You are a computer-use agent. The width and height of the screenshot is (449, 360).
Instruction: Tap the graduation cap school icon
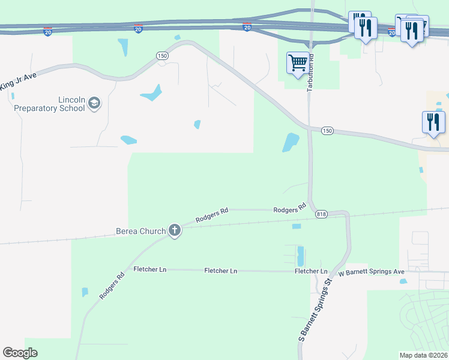[x=94, y=104]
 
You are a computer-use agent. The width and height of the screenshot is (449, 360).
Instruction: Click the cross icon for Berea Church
[x=175, y=230]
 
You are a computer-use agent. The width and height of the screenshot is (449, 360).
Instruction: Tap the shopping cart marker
[x=298, y=63]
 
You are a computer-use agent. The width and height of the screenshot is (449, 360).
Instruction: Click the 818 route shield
[x=321, y=215]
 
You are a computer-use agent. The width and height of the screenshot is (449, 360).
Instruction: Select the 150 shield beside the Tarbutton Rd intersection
[x=327, y=131]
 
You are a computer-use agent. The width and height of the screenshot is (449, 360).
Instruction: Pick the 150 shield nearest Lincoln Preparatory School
[x=161, y=56]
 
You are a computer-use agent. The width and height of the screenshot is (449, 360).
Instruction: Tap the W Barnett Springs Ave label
[x=372, y=272]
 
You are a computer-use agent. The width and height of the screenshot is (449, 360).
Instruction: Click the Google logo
[x=20, y=353]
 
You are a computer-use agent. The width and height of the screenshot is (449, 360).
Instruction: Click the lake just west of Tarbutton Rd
[x=291, y=142]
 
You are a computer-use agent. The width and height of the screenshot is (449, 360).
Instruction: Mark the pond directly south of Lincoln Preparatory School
[x=128, y=140]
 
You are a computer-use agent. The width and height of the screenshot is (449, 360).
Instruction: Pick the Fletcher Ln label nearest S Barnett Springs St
[x=310, y=271]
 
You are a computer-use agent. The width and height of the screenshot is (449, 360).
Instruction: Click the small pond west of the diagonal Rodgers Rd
[x=85, y=292]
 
